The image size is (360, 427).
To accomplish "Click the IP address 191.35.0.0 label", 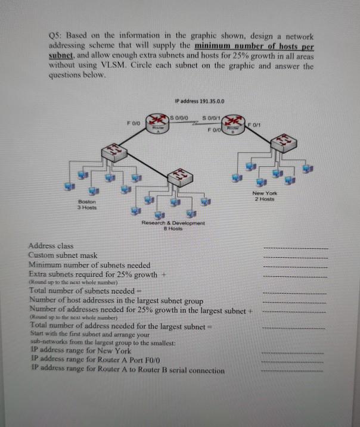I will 200,101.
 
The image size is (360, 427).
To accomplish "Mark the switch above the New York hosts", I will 287,144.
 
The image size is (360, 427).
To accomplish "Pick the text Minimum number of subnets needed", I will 89,264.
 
